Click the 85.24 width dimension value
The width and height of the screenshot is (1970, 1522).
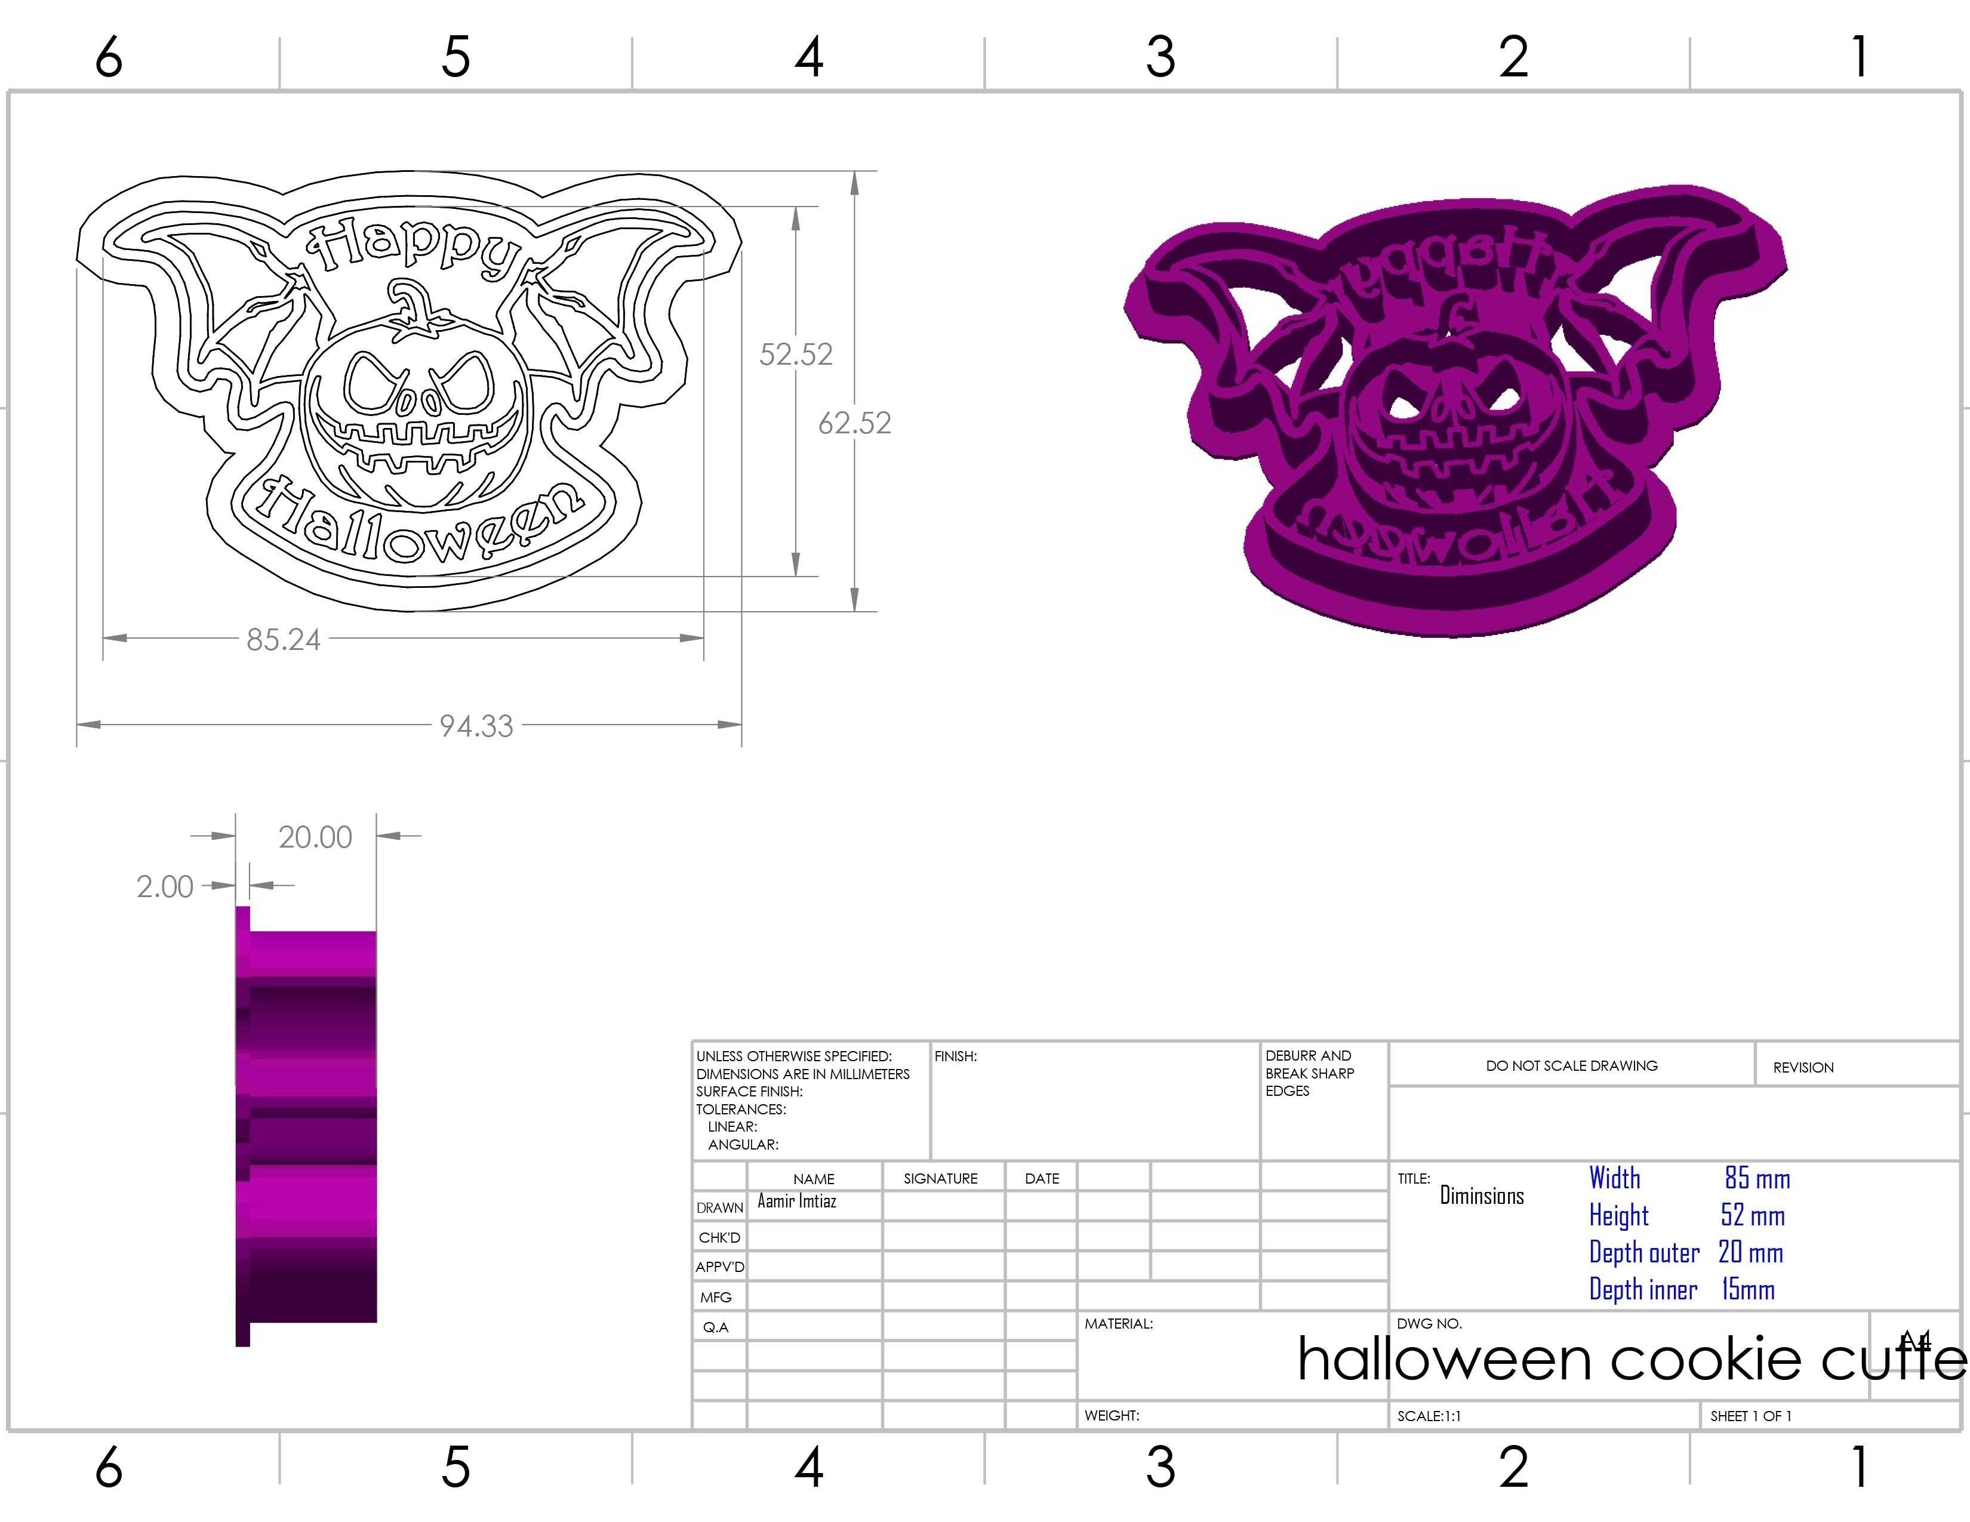283,639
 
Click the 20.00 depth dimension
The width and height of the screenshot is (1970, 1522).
315,837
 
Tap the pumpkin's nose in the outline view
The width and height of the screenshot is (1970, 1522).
420,401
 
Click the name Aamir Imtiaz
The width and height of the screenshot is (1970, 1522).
796,1201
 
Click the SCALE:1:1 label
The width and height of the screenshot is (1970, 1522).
1429,1416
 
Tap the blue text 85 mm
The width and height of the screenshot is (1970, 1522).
1756,1178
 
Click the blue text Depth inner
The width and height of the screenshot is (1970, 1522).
1643,1289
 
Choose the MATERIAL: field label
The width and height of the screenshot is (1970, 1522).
1119,1324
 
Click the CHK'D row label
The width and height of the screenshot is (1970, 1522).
719,1237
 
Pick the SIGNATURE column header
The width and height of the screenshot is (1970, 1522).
940,1178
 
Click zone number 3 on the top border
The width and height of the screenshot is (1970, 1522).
1160,56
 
